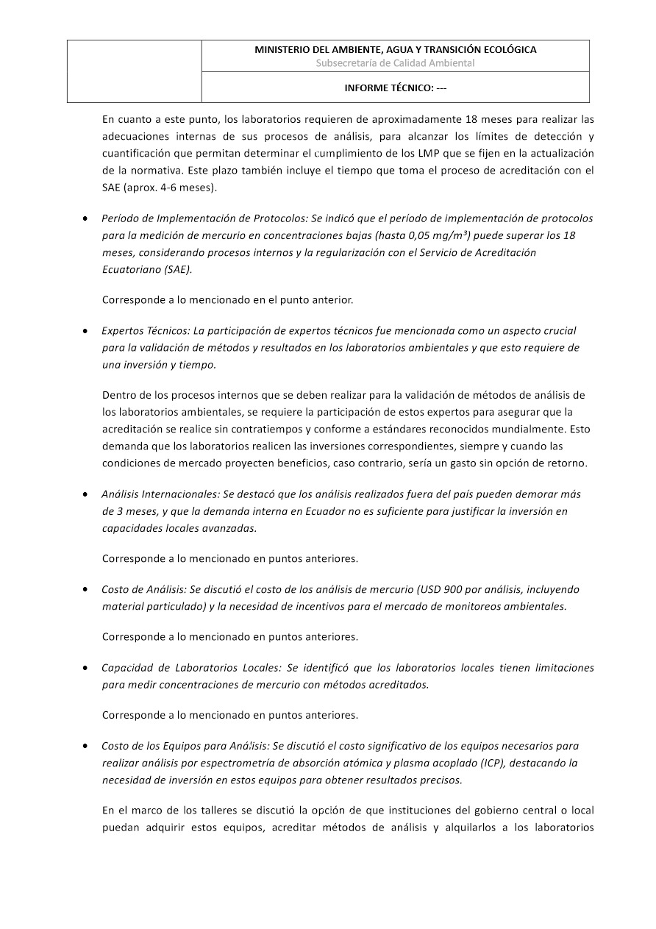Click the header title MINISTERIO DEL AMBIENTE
(395, 50)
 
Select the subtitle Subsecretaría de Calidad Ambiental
(395, 63)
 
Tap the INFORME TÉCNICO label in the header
(395, 88)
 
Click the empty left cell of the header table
(135, 71)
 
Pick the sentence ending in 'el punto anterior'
(227, 300)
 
